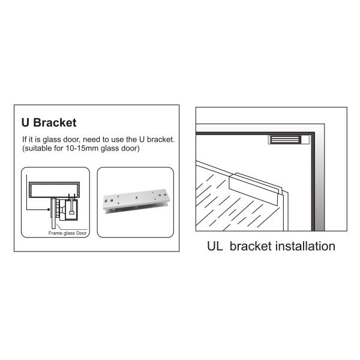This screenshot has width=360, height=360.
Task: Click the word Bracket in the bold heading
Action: pos(55,122)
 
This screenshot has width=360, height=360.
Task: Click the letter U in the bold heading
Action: pos(25,122)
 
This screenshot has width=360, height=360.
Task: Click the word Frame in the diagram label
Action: pos(55,233)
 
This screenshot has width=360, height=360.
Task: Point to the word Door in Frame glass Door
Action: pos(81,233)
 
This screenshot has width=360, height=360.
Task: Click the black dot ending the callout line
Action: pos(49,209)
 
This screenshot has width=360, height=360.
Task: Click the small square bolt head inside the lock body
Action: pos(71,212)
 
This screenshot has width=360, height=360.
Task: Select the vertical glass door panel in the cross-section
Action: pos(53,214)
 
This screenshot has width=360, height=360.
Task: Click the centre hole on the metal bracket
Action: pos(136,197)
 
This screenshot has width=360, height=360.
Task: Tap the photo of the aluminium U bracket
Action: pos(136,201)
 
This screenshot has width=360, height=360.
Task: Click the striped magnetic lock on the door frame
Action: pos(286,140)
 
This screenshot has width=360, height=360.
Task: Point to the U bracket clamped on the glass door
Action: pos(256,185)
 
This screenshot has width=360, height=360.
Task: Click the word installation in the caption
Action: pos(305,246)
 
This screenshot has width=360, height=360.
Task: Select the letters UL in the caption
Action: pos(215,246)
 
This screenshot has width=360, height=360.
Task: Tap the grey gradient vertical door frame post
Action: pos(320,181)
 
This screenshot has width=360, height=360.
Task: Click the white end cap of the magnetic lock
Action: pos(305,140)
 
